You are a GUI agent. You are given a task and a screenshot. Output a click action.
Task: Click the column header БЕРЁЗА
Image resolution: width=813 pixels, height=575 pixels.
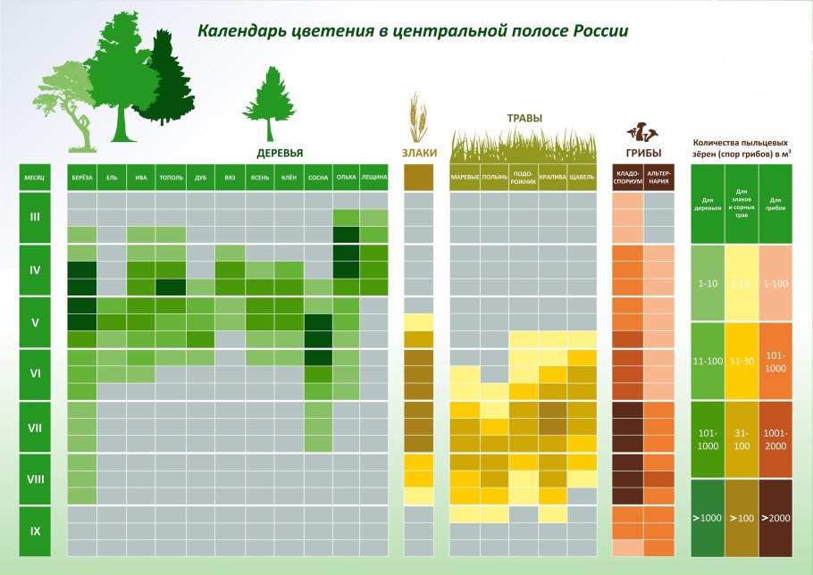82,178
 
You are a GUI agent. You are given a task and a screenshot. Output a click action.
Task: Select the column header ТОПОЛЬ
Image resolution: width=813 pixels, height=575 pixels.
171,178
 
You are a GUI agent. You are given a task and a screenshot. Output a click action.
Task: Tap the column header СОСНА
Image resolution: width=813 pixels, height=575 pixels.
318,178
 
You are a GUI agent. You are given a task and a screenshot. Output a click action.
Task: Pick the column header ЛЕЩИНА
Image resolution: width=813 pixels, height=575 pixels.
374,178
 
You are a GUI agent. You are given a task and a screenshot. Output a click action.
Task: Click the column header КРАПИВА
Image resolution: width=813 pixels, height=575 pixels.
552,178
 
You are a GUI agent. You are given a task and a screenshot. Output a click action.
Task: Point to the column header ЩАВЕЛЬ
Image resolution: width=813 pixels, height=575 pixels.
582,178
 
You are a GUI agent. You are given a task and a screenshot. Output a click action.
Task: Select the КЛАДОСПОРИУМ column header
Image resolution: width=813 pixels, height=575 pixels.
627,177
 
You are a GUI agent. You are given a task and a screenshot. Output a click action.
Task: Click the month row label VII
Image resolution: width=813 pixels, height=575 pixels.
35,427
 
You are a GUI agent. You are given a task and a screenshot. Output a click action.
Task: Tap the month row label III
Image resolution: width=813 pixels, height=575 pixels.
35,217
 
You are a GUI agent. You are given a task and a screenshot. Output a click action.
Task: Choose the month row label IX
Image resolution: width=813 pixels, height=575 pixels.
35,531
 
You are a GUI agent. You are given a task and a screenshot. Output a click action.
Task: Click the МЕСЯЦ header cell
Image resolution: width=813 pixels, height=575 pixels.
35,178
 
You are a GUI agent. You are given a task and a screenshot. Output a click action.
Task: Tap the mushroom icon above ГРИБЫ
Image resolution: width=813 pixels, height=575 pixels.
642,133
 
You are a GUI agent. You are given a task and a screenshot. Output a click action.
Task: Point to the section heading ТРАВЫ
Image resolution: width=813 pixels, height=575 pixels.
524,118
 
